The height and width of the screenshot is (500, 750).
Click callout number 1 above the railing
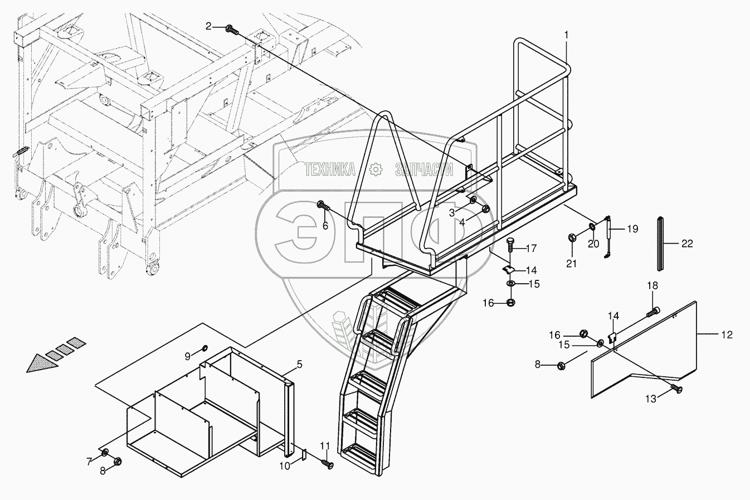click(566, 35)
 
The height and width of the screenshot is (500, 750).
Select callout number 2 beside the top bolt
click(208, 26)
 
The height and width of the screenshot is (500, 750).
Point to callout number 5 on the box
click(299, 365)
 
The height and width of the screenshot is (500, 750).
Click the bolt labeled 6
click(323, 206)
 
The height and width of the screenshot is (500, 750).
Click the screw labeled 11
click(328, 463)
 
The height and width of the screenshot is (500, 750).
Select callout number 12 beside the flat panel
click(726, 334)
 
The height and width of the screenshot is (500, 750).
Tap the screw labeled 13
click(676, 389)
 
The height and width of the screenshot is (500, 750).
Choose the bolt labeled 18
click(654, 312)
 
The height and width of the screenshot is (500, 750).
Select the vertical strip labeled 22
click(660, 244)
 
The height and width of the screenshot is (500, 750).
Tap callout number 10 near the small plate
click(284, 466)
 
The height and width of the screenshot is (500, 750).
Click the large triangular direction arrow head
click(41, 365)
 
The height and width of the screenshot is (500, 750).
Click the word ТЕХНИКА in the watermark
click(330, 169)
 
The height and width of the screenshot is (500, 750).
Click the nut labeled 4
click(485, 210)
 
